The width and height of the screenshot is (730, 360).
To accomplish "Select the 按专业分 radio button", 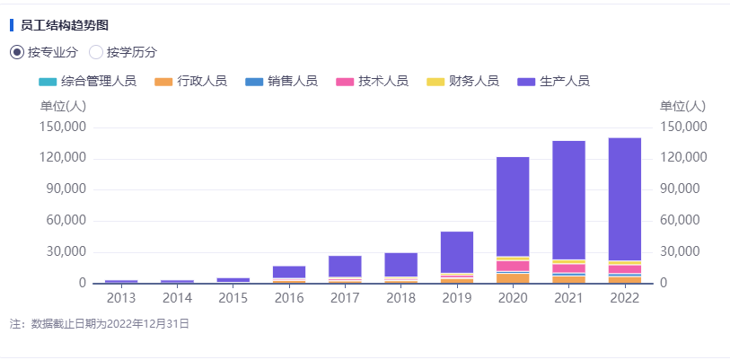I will pyautogui.click(x=17, y=52).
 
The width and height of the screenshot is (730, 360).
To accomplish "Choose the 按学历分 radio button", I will pyautogui.click(x=96, y=52).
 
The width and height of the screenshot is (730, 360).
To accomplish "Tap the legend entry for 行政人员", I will pyautogui.click(x=190, y=82).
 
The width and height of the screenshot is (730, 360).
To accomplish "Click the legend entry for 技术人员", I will pyautogui.click(x=372, y=82).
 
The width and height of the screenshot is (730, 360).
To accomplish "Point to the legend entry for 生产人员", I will pyautogui.click(x=553, y=82).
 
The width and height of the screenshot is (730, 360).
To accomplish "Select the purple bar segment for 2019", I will pyautogui.click(x=457, y=251).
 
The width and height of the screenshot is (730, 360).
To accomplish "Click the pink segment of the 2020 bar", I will pyautogui.click(x=513, y=266).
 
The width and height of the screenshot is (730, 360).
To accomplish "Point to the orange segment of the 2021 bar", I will pyautogui.click(x=568, y=279).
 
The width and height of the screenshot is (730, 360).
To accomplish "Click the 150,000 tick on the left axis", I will pyautogui.click(x=64, y=127).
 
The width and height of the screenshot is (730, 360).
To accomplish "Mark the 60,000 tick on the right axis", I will pyautogui.click(x=681, y=221).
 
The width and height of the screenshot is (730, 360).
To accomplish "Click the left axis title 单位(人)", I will pyautogui.click(x=64, y=106).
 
